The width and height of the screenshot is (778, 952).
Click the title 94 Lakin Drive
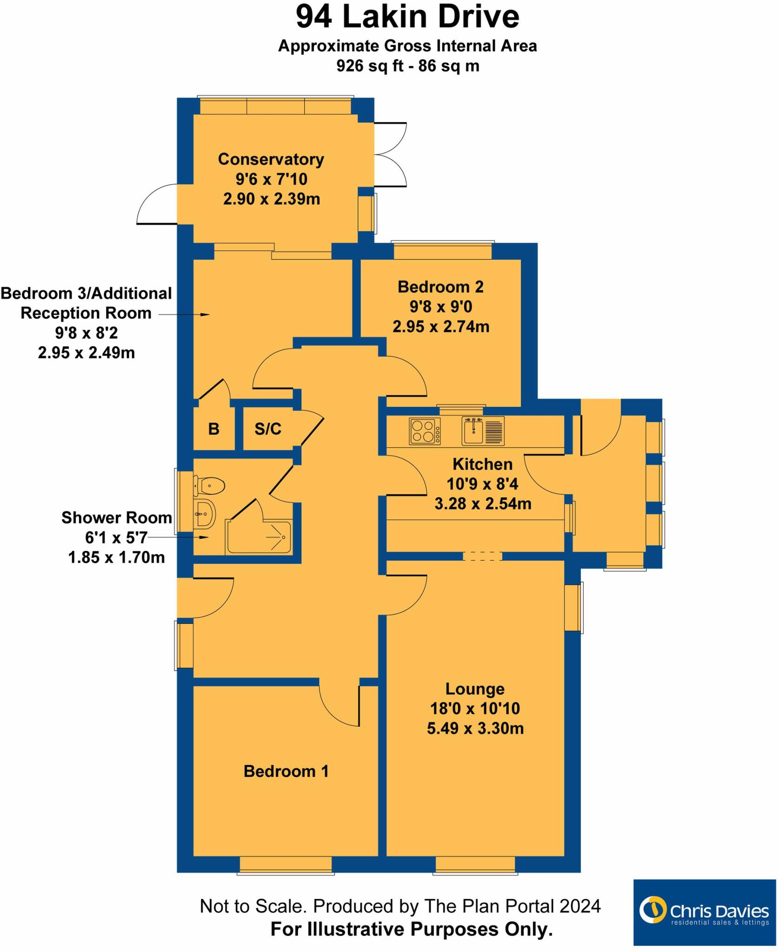point(407,17)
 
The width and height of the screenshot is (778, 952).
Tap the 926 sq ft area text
point(407,66)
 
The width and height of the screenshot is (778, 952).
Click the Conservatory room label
point(271,159)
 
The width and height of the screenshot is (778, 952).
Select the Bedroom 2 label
point(440,287)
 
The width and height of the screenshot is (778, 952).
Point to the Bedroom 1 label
point(286,771)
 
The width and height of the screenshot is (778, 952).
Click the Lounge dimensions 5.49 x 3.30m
point(475,728)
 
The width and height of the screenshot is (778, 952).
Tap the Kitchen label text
point(483,464)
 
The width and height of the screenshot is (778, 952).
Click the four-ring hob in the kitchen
point(425,431)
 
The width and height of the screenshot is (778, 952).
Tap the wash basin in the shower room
point(205,514)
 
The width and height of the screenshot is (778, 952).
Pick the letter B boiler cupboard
point(214,429)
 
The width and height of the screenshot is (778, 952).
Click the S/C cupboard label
point(268,429)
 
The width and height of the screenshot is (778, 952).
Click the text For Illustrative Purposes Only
point(412,929)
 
